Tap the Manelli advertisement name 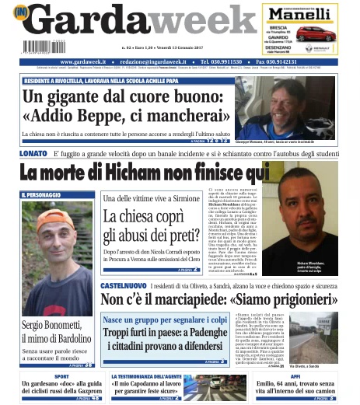[x=305, y=13]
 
